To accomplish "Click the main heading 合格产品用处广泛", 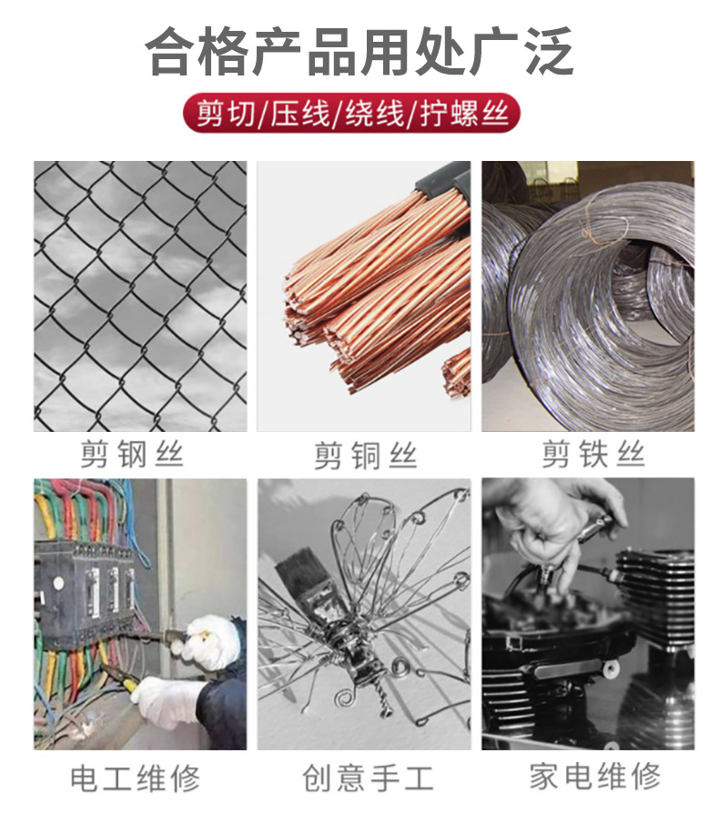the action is tap(359, 51).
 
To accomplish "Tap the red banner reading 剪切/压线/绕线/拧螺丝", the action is tap(352, 113).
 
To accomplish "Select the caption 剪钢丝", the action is tap(132, 454).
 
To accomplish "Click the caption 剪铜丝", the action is tap(366, 456).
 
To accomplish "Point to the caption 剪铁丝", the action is tap(593, 454).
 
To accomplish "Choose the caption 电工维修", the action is tap(135, 778).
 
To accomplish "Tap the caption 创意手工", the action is tap(368, 778).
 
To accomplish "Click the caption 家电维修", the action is tap(595, 776).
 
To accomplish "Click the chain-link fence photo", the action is tap(140, 296).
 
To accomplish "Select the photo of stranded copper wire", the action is tap(364, 296).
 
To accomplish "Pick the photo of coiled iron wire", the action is tap(588, 296).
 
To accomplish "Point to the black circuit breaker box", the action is tap(86, 591).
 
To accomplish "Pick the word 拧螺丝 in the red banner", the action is tap(464, 113).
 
